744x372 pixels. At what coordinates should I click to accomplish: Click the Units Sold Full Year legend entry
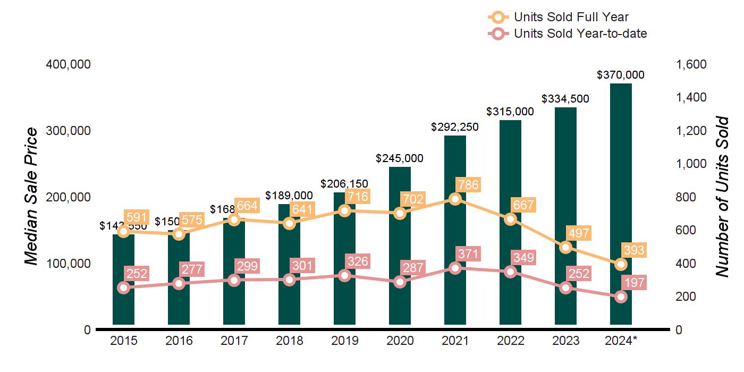click(x=571, y=17)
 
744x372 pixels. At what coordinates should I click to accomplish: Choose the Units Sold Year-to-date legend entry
click(x=580, y=33)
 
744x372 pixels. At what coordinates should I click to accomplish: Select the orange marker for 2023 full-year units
click(x=565, y=247)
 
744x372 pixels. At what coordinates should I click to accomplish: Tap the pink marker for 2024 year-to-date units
click(x=621, y=297)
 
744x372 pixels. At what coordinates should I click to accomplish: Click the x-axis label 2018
click(x=289, y=341)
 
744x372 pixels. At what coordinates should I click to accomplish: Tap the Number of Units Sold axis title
click(x=722, y=197)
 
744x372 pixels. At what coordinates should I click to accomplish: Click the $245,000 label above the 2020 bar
click(x=400, y=158)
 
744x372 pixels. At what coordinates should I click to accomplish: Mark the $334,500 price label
click(x=565, y=99)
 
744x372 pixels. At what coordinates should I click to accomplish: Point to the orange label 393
click(x=633, y=251)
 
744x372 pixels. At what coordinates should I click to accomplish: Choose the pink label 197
click(x=633, y=283)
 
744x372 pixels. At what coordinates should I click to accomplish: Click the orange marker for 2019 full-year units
click(x=344, y=210)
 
